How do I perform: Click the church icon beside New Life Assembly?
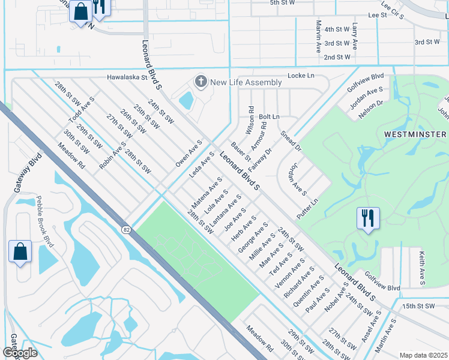200,82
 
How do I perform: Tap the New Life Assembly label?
246,82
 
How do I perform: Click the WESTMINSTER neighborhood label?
415,134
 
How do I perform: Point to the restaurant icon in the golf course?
368,218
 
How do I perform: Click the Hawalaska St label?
127,77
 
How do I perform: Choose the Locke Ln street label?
301,76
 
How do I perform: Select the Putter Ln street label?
306,208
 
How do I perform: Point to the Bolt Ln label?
269,116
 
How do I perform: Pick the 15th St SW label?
417,306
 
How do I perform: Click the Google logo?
20,352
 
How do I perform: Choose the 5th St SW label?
283,3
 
